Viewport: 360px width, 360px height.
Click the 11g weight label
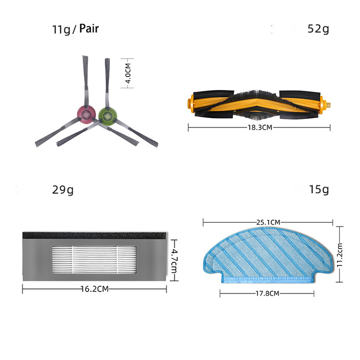point(61,29)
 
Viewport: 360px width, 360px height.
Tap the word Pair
point(89,28)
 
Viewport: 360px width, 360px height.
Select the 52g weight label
point(318,29)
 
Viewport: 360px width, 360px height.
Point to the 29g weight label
point(63,190)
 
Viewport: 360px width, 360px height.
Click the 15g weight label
point(319,190)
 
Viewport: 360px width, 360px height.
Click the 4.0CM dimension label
point(128,73)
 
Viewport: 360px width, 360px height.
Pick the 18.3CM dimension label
point(260,127)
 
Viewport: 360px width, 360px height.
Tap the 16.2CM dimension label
point(95,289)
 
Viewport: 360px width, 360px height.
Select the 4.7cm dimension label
point(174,260)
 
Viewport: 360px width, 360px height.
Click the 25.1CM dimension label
point(268,222)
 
